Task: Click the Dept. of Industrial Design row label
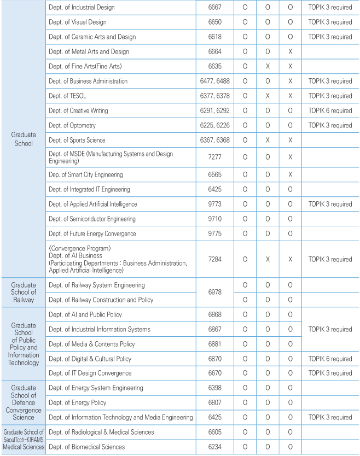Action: click(x=82, y=8)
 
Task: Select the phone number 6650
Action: click(x=216, y=22)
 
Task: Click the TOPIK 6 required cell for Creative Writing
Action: click(x=330, y=110)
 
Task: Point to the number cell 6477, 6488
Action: click(x=216, y=81)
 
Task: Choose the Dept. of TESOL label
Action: click(x=67, y=96)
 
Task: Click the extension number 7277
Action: click(x=216, y=157)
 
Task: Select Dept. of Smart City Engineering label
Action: click(x=85, y=175)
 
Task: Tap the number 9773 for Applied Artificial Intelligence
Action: click(x=216, y=204)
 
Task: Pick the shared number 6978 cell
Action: click(x=216, y=293)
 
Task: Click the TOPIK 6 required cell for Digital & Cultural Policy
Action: click(x=330, y=359)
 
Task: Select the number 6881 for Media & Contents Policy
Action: click(x=216, y=344)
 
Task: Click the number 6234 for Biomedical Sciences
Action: click(x=216, y=447)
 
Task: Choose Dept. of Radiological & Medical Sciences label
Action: click(x=101, y=432)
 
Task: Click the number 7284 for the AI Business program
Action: click(x=216, y=259)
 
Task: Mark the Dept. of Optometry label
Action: click(x=72, y=125)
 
